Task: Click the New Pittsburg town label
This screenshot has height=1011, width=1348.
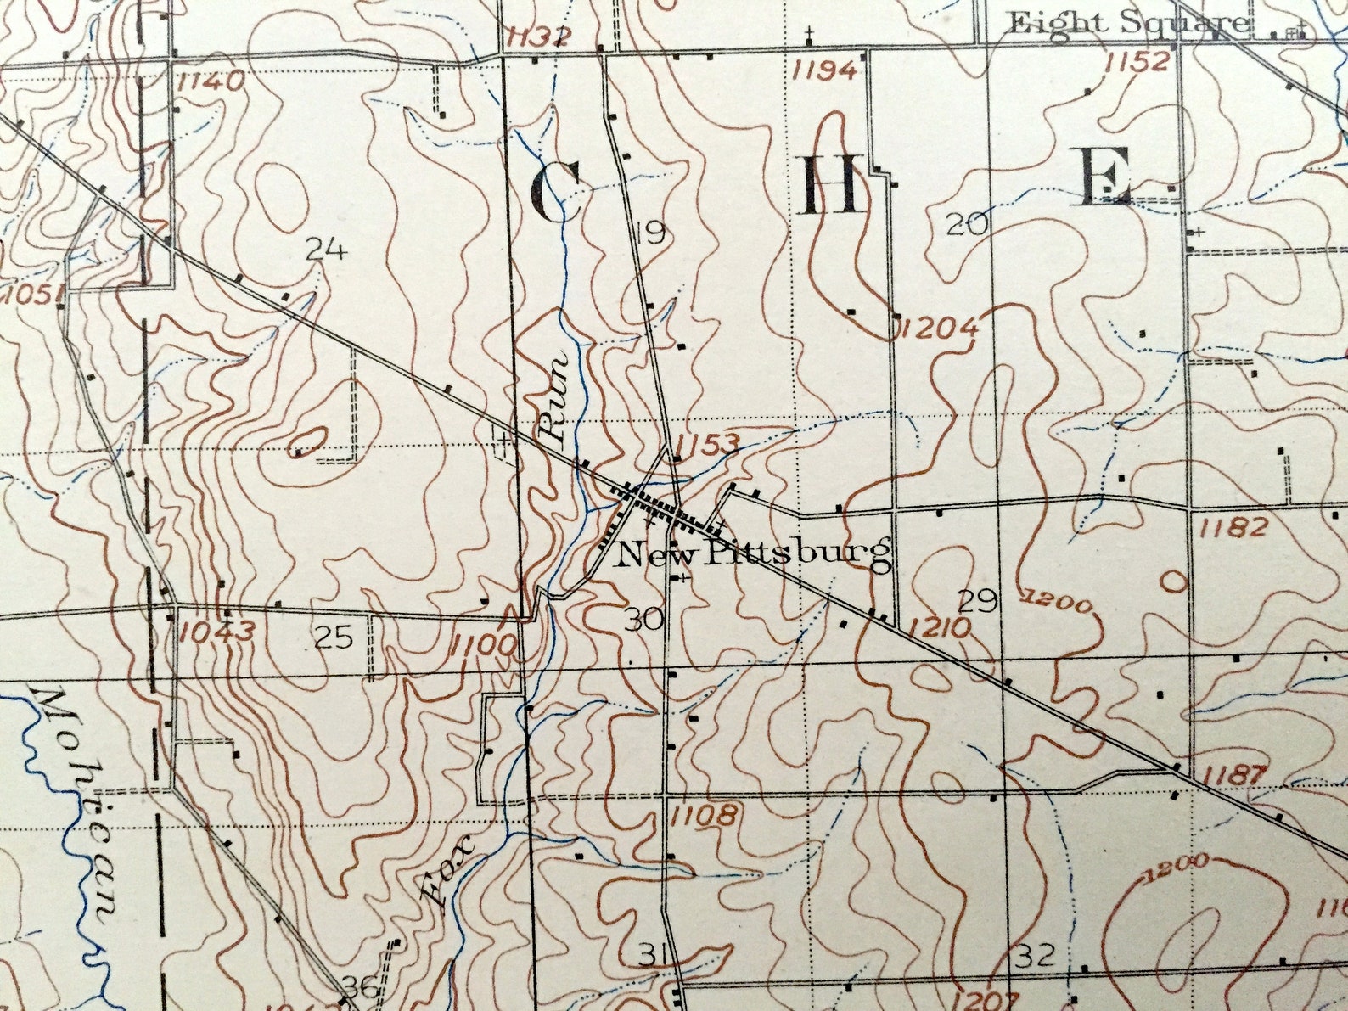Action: [753, 554]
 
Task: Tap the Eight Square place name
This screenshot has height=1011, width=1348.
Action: [1127, 23]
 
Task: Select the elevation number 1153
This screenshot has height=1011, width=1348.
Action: [710, 443]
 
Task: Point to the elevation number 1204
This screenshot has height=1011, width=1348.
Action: [939, 327]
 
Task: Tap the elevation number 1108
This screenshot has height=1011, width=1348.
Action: [703, 817]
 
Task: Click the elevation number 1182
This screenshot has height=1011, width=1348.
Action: [1233, 527]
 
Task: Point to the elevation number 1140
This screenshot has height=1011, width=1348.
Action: [211, 81]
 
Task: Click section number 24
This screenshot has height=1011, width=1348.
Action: [327, 250]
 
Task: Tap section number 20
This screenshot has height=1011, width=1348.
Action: [968, 225]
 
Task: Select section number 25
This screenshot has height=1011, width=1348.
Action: [334, 637]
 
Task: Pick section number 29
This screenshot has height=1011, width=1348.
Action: [977, 602]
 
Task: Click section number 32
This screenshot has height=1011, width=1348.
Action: [1036, 957]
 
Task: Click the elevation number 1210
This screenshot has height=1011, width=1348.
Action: [938, 628]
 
